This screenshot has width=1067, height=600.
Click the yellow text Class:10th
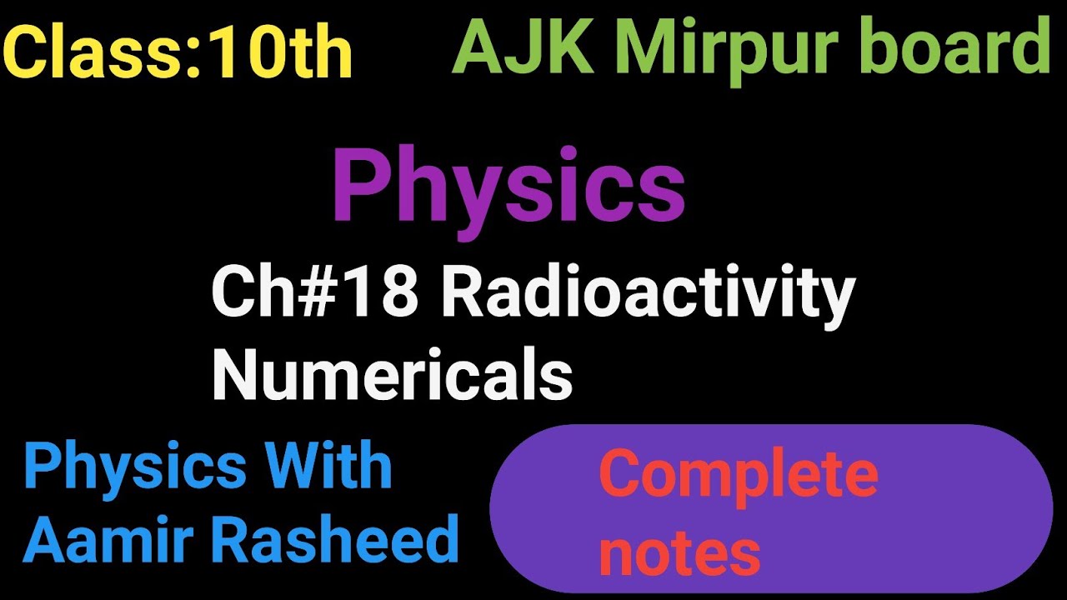[x=178, y=53]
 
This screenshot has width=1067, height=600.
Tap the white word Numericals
[x=392, y=375]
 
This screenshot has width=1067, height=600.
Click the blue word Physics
[x=134, y=469]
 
